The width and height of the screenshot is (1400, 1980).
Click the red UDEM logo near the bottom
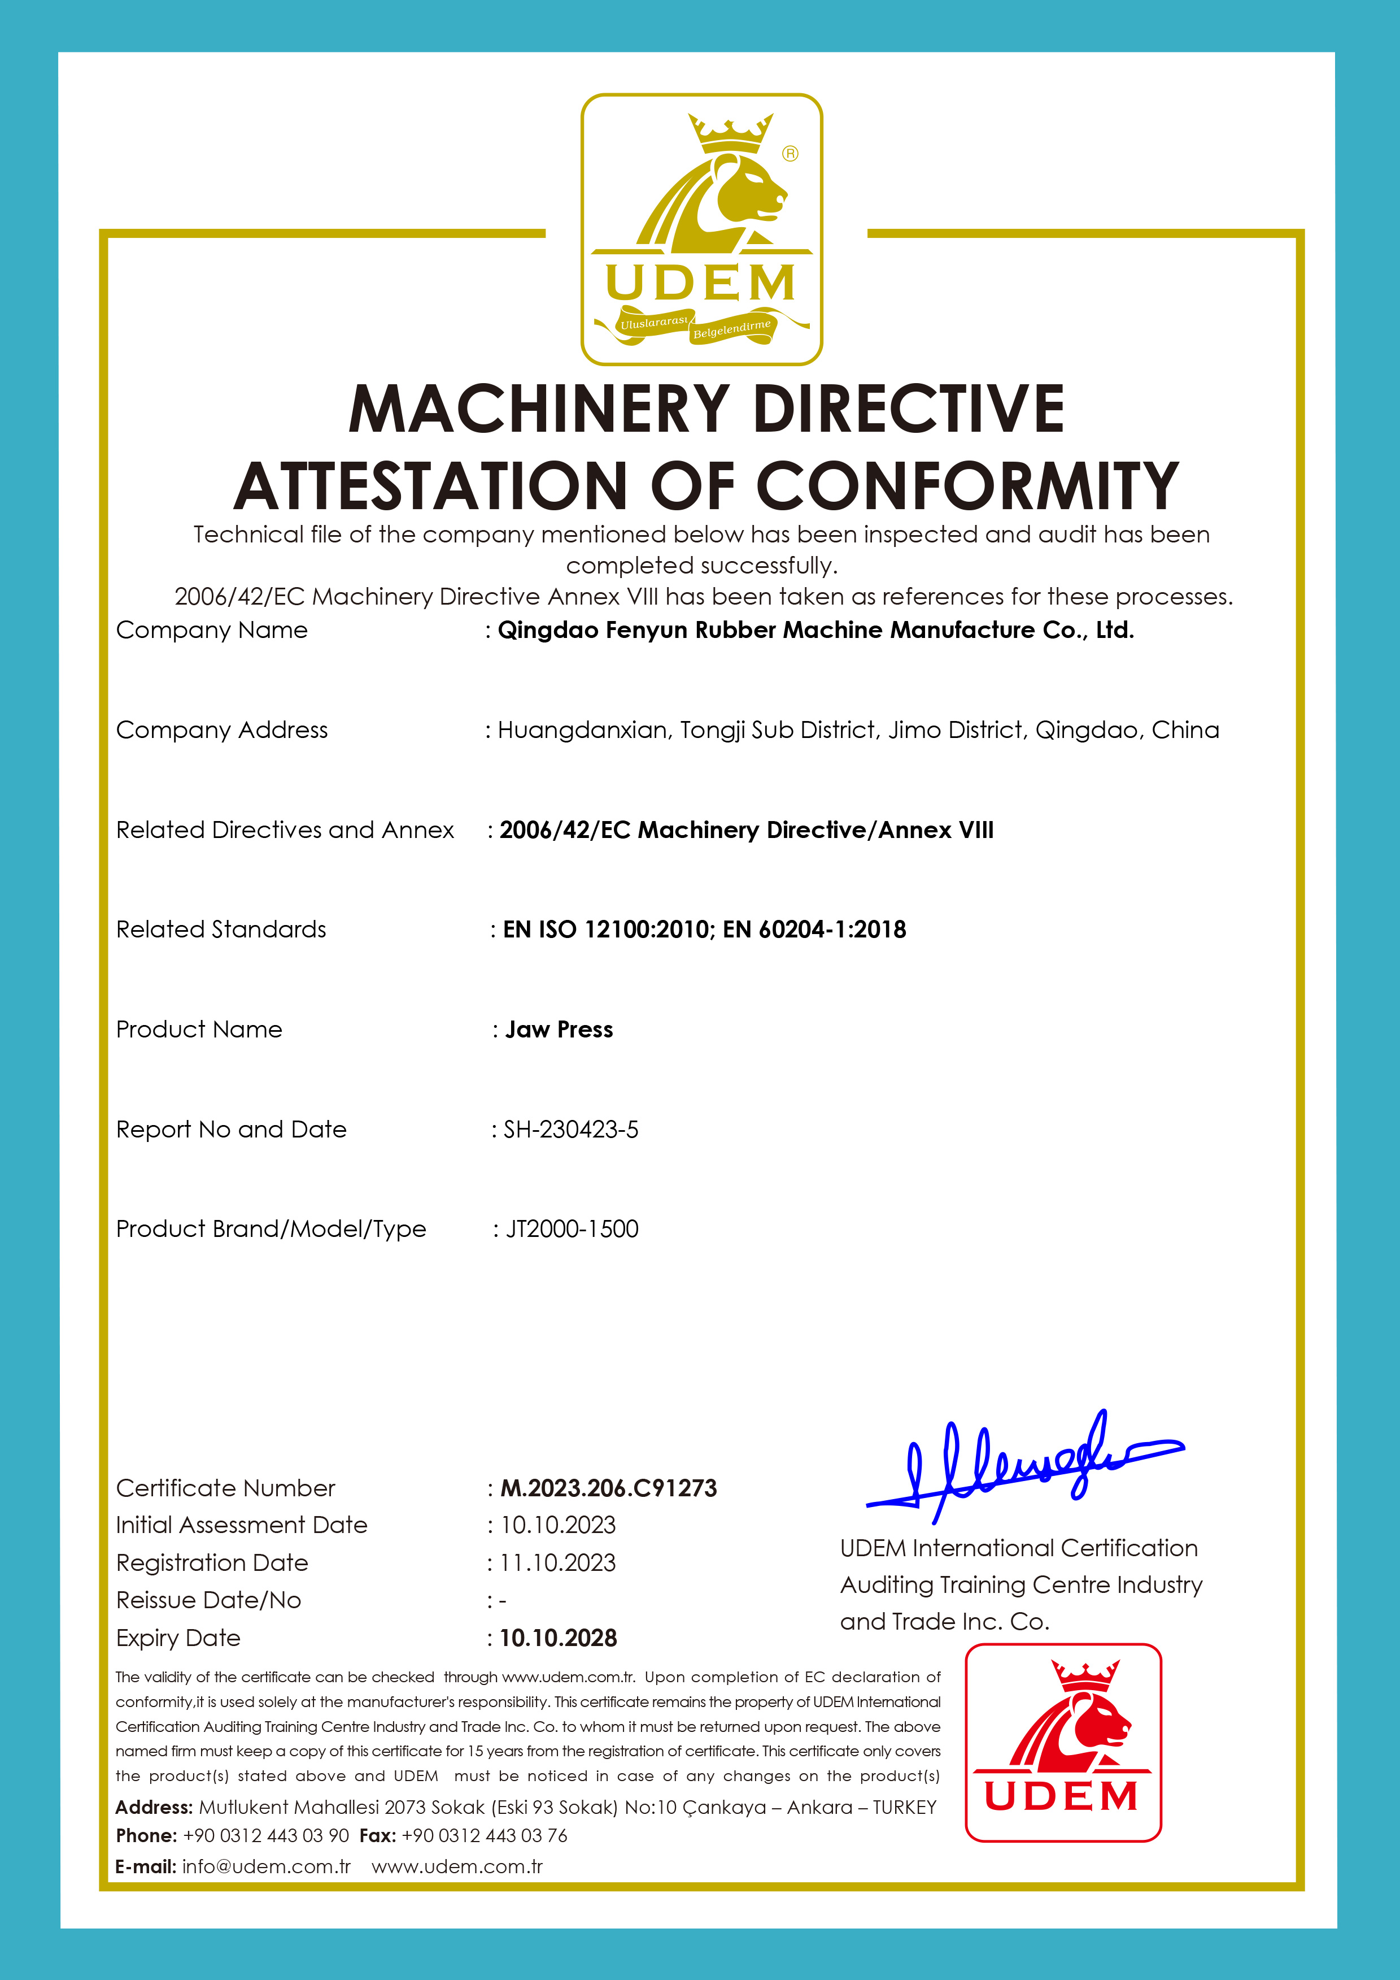point(1063,1742)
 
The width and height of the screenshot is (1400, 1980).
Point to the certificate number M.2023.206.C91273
point(609,1488)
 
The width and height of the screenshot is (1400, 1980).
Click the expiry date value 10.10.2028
point(559,1638)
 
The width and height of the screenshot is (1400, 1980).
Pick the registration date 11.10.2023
point(558,1562)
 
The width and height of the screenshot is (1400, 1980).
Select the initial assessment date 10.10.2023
point(558,1525)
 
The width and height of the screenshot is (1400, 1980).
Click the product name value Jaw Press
point(559,1030)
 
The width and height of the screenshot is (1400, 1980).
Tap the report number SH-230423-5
point(571,1130)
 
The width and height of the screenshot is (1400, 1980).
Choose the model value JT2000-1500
point(572,1229)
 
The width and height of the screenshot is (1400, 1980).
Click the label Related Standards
point(221,930)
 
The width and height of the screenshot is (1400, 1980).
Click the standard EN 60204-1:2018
point(815,930)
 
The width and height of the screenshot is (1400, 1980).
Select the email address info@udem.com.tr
point(267,1867)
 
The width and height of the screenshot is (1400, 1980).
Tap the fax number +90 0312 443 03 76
point(485,1836)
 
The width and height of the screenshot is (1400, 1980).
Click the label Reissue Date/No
point(208,1601)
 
